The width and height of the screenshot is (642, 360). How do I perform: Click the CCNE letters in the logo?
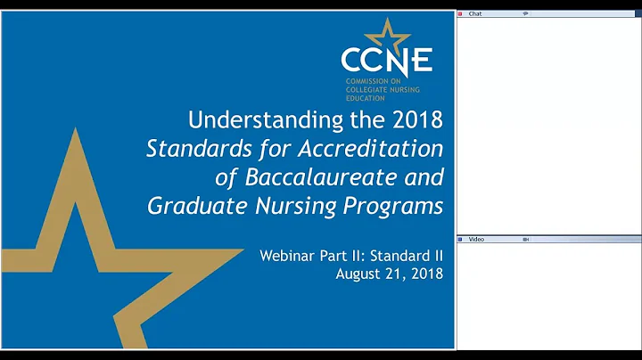pos(386,60)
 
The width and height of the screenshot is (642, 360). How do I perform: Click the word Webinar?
pos(287,255)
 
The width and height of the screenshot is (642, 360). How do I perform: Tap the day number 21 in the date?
pos(394,273)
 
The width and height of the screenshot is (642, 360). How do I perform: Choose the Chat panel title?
pos(475,14)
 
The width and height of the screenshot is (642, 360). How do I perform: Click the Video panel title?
pos(476,240)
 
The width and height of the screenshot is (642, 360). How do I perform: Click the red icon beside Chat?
pos(460,14)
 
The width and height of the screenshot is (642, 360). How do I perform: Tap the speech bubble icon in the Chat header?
pos(525,14)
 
